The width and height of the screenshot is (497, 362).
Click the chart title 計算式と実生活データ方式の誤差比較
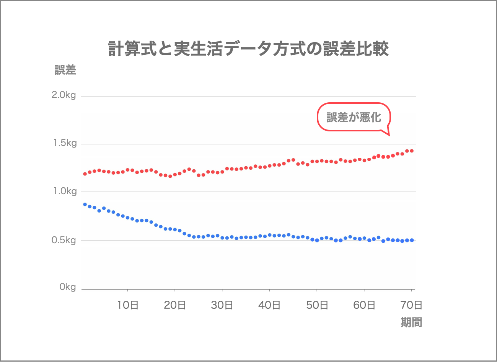click(248, 48)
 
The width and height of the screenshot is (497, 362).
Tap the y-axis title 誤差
click(65, 70)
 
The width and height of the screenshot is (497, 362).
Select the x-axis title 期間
click(411, 322)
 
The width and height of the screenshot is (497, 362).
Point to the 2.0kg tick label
click(64, 95)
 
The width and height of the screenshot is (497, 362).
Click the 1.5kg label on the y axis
click(65, 143)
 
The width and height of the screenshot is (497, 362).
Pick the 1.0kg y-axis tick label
click(65, 191)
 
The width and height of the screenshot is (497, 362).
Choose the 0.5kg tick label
click(64, 240)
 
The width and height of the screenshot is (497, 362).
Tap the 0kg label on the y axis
click(68, 287)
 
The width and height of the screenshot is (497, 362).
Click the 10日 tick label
click(127, 305)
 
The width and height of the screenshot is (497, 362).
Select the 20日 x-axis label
click(175, 305)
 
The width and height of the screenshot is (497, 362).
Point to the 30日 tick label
click(222, 305)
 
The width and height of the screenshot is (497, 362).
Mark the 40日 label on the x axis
click(269, 305)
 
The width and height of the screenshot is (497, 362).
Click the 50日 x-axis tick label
click(317, 305)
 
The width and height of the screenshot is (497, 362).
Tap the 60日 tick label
click(364, 305)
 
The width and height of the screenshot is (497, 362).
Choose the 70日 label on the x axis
click(411, 305)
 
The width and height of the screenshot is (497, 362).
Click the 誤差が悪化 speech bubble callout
click(354, 117)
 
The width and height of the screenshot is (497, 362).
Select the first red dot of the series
click(85, 174)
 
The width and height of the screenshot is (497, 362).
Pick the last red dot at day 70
click(412, 151)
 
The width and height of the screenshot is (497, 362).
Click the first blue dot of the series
click(85, 204)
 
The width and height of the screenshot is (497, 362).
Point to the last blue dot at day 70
click(412, 240)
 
